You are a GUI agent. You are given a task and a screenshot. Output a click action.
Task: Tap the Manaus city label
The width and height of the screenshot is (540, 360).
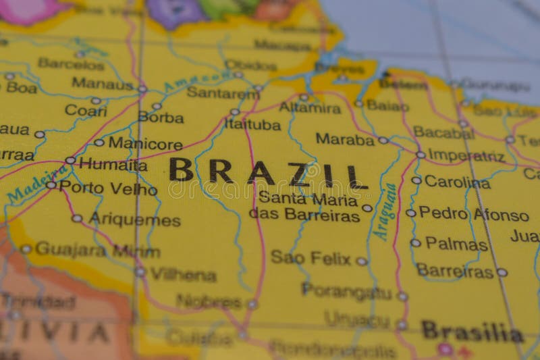tap(103, 84)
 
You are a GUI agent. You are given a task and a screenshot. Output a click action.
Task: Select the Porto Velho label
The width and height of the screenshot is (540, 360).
tap(108, 188)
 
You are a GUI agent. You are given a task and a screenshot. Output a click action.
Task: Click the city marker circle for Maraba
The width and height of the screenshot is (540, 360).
tap(383, 140)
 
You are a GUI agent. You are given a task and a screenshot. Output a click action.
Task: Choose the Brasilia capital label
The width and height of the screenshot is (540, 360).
tap(473, 332)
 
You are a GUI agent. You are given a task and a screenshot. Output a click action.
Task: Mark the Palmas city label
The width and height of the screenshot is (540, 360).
tap(456, 243)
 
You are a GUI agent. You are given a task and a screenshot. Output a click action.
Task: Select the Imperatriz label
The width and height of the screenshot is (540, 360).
tap(466, 155)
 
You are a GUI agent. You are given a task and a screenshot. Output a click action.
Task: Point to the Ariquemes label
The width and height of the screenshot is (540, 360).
tap(134, 220)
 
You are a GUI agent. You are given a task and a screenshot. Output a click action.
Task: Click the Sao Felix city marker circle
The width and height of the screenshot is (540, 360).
tap(362, 261)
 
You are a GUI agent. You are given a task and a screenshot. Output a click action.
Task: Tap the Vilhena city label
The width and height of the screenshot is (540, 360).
tap(183, 274)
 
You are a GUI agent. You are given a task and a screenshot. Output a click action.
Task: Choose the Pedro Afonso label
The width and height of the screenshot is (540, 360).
tap(474, 214)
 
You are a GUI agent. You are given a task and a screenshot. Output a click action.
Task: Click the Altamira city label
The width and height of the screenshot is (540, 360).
tap(310, 107)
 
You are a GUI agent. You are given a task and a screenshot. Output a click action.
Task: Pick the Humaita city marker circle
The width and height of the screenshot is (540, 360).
tap(70, 161)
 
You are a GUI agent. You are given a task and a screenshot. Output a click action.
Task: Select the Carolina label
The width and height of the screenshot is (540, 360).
tap(457, 182)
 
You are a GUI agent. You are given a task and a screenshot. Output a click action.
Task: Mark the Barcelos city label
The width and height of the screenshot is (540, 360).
tap(71, 63)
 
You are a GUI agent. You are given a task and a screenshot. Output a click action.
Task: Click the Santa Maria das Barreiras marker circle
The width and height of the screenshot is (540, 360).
tap(367, 208)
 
